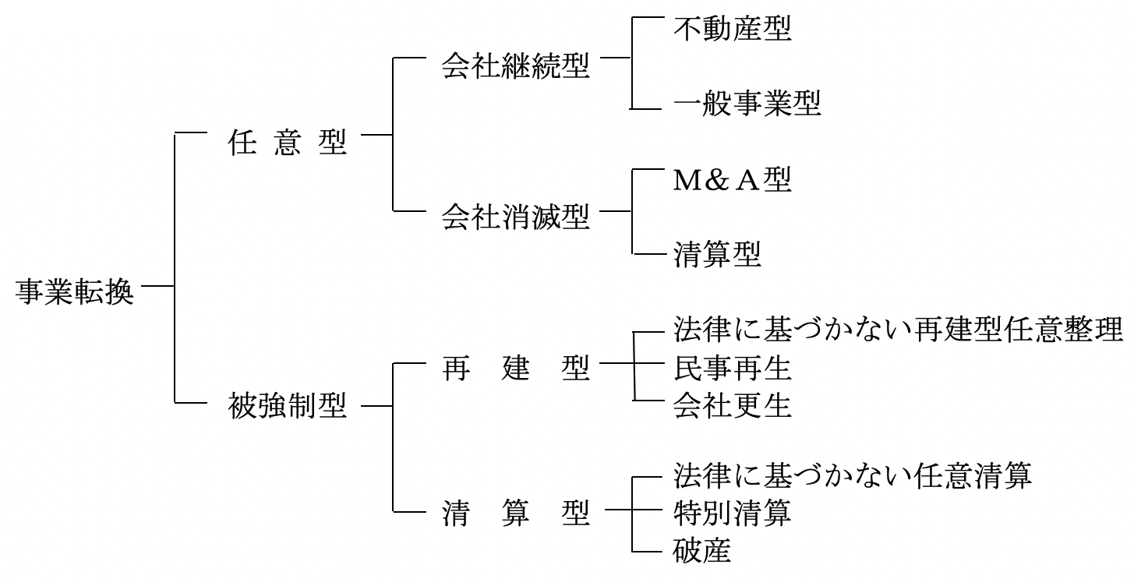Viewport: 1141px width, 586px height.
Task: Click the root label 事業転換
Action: tap(75, 295)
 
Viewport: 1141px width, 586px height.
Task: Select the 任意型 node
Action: tap(287, 143)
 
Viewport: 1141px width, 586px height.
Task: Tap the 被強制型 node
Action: tap(287, 405)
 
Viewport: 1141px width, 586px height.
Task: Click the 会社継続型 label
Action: tap(515, 67)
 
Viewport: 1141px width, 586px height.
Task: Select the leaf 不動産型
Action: tap(732, 30)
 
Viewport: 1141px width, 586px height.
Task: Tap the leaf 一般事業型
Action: tap(747, 104)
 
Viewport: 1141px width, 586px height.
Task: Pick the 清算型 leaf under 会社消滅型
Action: tap(717, 255)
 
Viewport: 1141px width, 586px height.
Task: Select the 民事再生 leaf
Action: tap(732, 368)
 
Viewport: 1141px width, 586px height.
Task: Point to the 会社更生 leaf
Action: tap(732, 405)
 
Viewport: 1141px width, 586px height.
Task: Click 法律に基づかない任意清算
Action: tap(852, 475)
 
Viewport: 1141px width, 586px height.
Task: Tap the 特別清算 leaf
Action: tap(732, 513)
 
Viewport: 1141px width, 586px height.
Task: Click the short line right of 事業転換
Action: tap(158, 287)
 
